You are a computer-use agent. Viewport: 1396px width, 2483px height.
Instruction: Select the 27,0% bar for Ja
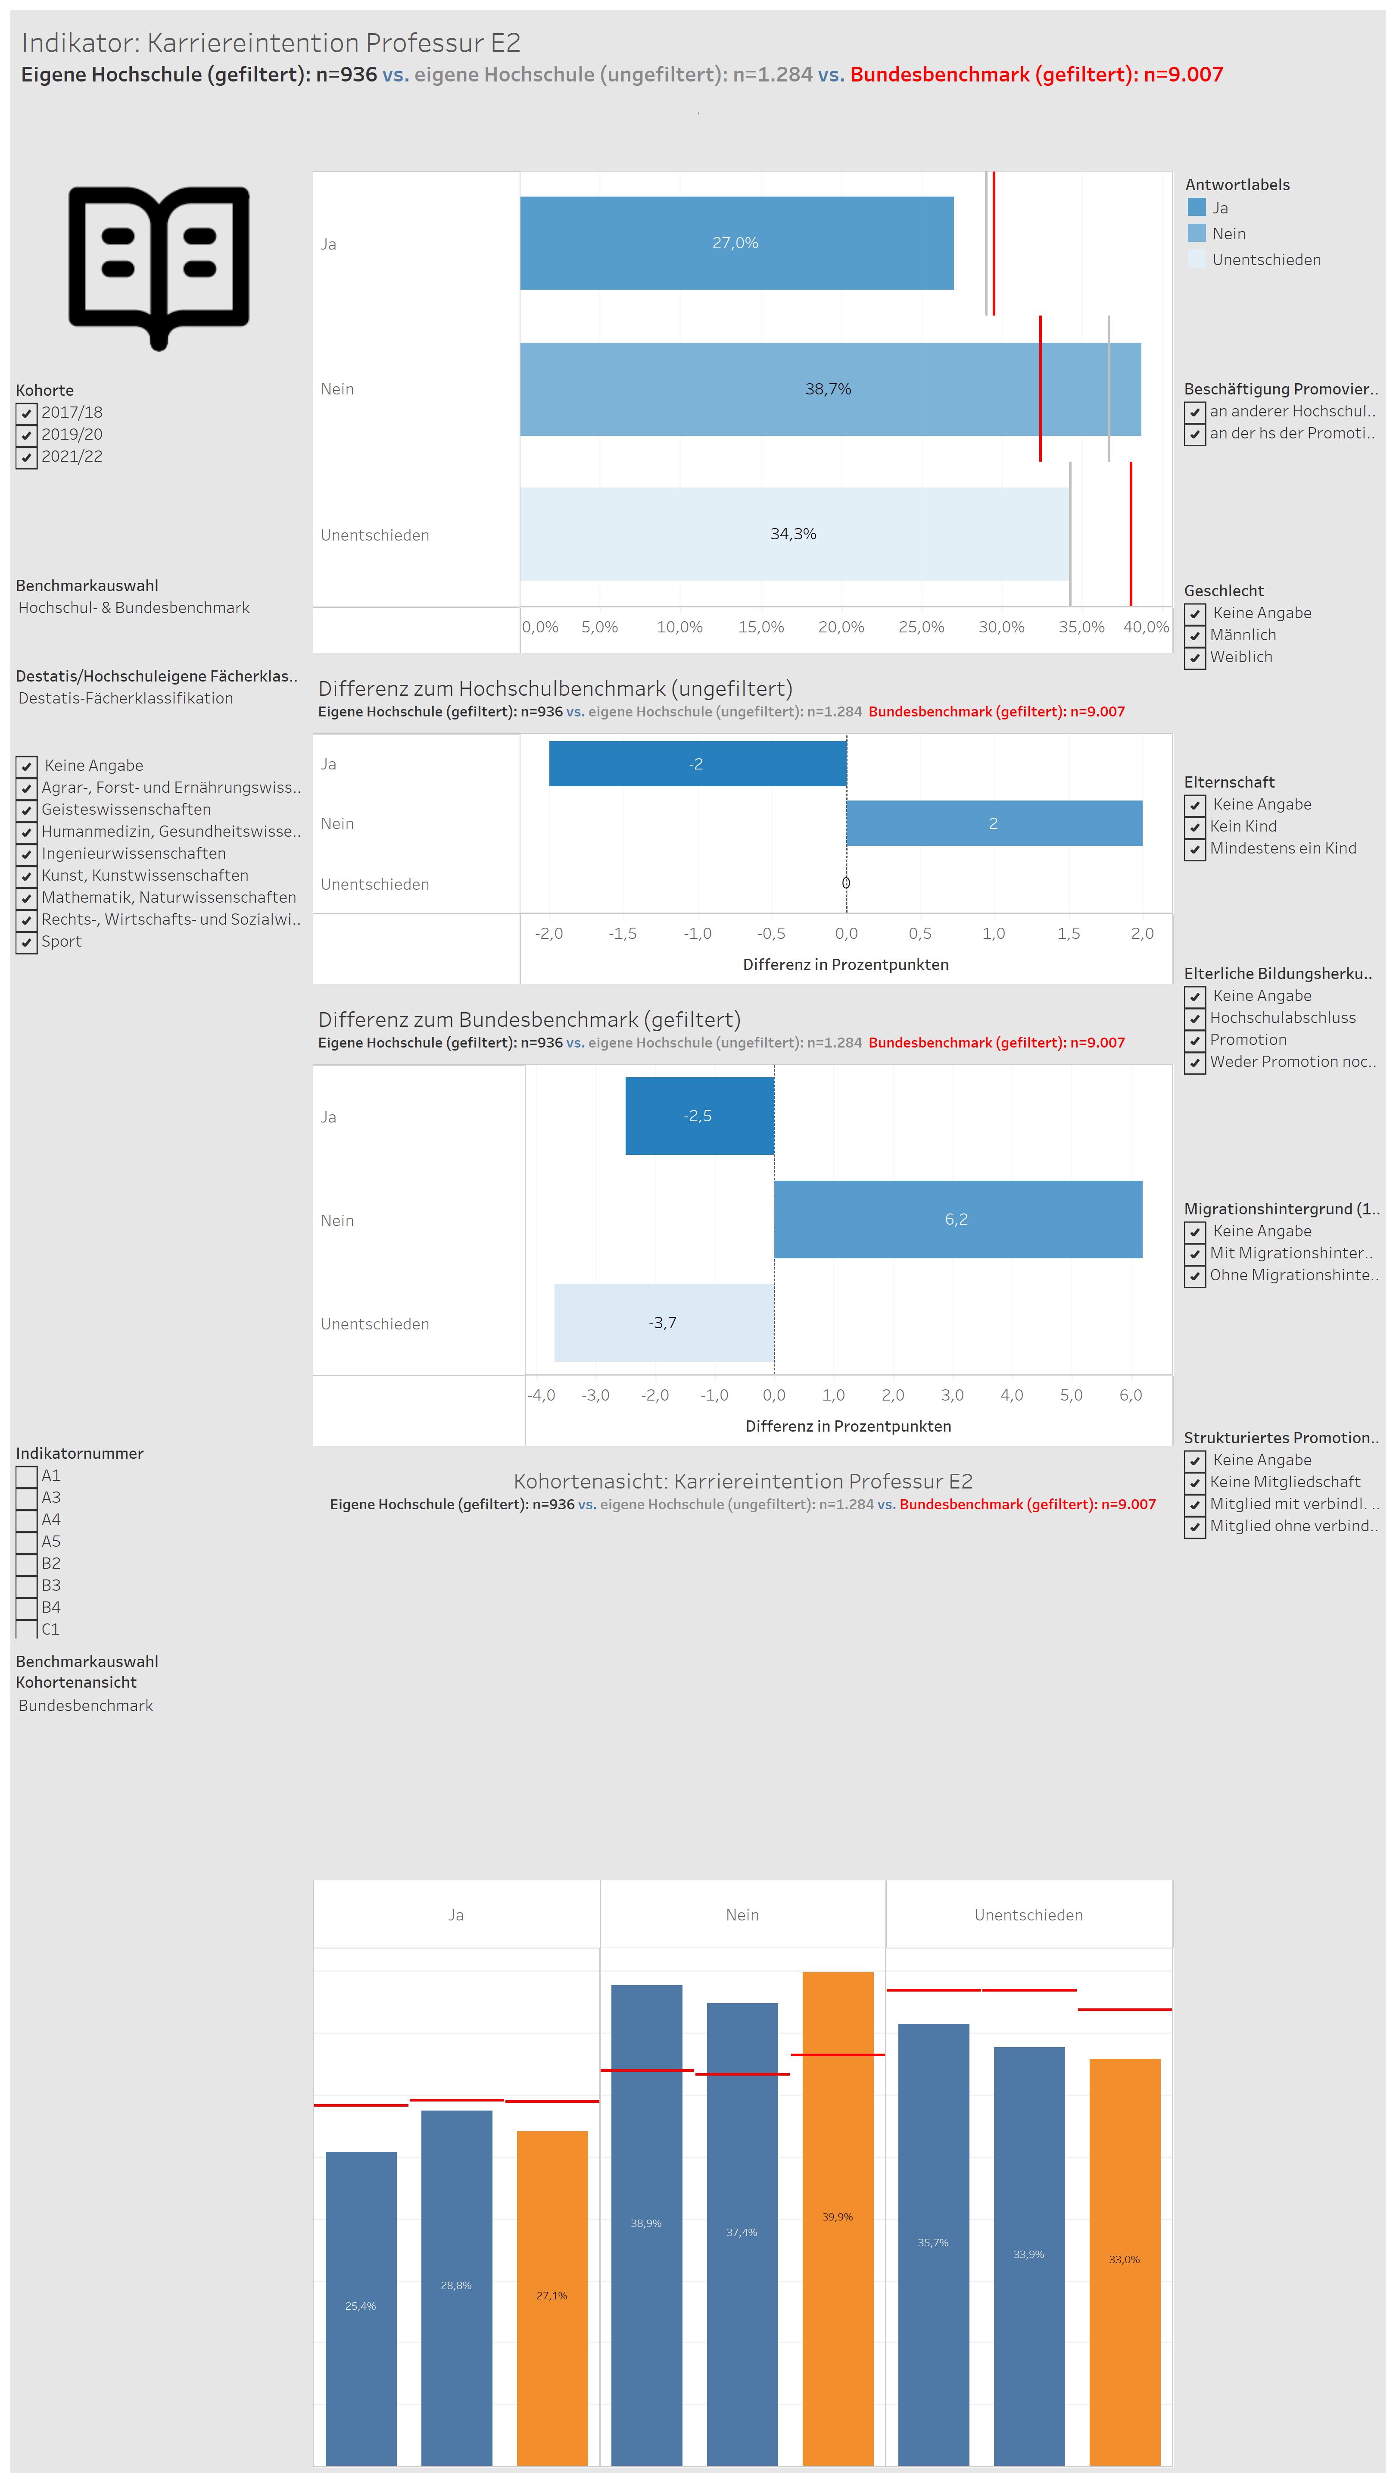pos(736,243)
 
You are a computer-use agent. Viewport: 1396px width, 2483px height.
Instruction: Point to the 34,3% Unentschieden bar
pos(794,534)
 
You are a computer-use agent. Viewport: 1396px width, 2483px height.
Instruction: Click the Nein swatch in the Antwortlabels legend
pos(1197,233)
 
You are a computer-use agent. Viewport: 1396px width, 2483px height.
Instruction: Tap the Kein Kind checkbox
pos(1195,827)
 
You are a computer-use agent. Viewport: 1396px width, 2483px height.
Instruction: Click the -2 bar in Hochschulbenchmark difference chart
pos(698,763)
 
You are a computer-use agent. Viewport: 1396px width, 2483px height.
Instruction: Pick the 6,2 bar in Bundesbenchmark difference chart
pos(958,1220)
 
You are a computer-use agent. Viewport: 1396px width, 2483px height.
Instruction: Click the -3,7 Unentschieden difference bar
pos(664,1323)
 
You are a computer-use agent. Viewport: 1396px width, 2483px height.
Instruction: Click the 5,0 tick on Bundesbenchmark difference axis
pos(1071,1395)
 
